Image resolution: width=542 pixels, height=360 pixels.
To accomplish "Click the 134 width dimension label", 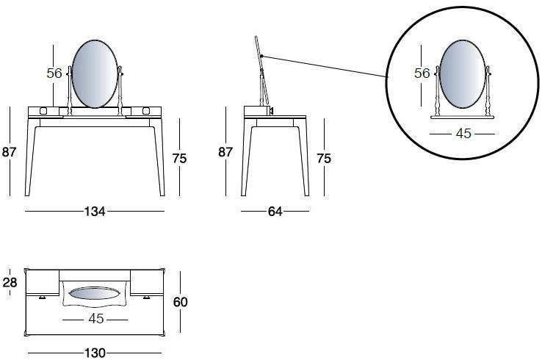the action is point(95,212).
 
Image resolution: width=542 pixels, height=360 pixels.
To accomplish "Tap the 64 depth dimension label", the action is point(275,212).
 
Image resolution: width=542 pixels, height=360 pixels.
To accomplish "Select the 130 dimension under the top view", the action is point(95,353).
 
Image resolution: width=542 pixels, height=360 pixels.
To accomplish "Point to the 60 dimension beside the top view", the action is point(181,302).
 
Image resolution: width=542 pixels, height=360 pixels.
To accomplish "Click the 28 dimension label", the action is point(10,283).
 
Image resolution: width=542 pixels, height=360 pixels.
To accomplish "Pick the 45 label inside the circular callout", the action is point(463,134).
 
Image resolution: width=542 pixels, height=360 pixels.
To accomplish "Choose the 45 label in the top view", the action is point(95,319).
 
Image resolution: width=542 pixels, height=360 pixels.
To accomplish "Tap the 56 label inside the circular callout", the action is point(422,73).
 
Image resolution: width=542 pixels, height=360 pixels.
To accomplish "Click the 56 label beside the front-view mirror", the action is point(54,73).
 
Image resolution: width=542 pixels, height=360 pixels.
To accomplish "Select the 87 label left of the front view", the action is point(9,152).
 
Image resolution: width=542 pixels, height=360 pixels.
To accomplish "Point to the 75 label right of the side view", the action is point(324,159).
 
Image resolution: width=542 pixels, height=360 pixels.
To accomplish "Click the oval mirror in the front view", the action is point(95,73).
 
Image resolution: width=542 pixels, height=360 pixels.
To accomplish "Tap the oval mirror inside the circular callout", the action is point(462,73).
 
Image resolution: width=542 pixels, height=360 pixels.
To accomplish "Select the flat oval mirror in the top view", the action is point(95,293).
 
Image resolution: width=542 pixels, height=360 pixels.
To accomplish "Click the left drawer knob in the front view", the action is point(43,111).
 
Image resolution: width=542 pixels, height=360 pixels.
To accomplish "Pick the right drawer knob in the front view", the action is point(146,111).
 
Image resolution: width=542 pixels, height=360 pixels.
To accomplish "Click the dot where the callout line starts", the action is point(262,56).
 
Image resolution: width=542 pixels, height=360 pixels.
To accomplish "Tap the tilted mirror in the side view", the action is point(259,53).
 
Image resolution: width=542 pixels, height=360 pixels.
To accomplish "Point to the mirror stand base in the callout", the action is point(462,118).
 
